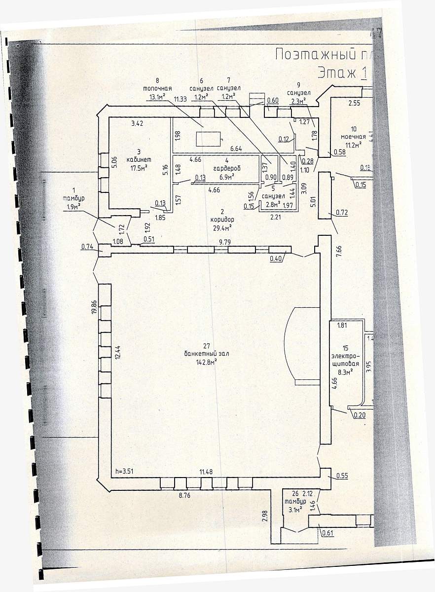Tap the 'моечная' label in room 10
coord(353,137)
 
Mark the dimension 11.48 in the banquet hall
coord(206,472)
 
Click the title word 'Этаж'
coord(336,73)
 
